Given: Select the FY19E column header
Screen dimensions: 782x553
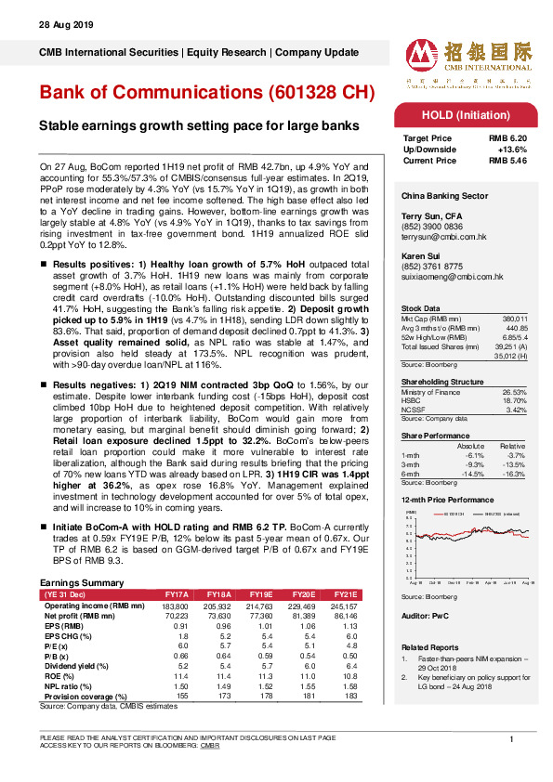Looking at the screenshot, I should click(x=261, y=593).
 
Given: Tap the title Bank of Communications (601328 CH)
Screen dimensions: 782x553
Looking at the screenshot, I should click(x=206, y=93).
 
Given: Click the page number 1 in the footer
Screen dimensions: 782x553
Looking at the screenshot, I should click(x=511, y=738).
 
